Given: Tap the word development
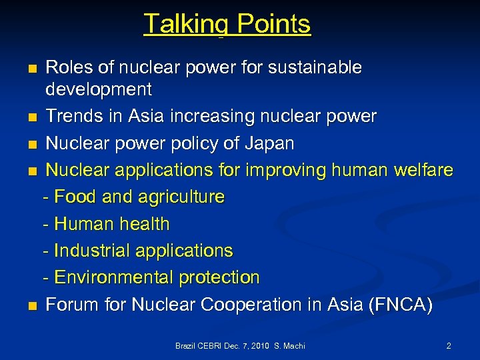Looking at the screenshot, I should tap(99, 89).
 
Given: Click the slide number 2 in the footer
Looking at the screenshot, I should tap(449, 346).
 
